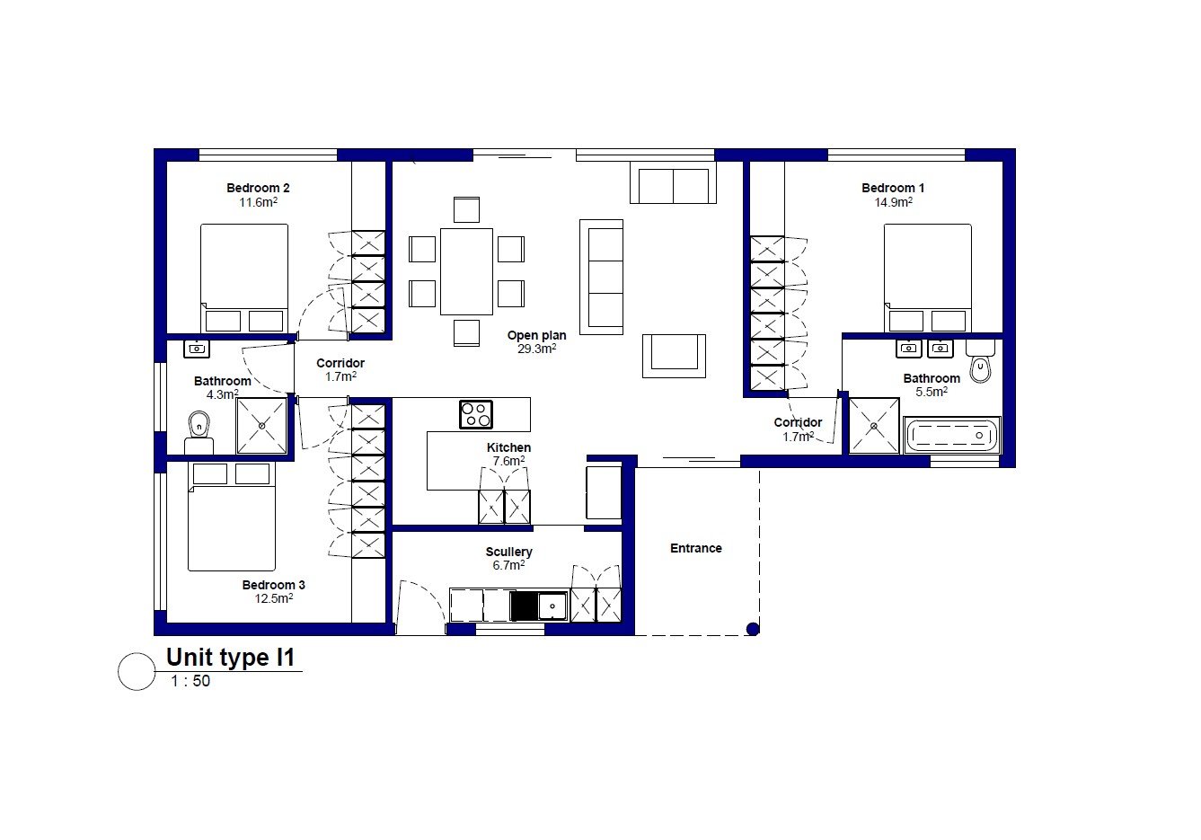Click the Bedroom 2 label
(258, 189)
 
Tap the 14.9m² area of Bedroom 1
(893, 202)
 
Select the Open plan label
(536, 336)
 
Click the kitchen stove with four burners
(476, 415)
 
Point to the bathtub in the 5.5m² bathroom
(951, 435)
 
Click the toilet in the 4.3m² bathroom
(199, 432)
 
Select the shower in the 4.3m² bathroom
(261, 425)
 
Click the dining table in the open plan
(466, 271)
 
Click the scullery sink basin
(552, 606)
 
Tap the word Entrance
(696, 548)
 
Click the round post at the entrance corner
(753, 629)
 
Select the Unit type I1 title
(230, 657)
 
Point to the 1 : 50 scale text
(190, 681)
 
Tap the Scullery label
(508, 552)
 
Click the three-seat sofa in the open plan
(602, 277)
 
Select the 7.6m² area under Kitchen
(508, 461)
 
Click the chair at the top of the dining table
(466, 209)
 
